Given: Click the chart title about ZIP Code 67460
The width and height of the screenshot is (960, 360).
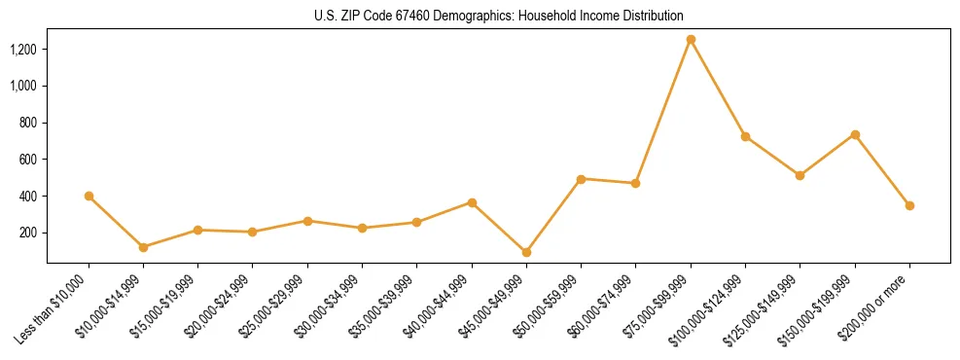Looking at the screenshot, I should pyautogui.click(x=499, y=17).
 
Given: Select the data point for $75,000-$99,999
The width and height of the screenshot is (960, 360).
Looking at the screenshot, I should pyautogui.click(x=691, y=40).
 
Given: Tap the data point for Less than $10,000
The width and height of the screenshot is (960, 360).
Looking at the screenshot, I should pyautogui.click(x=89, y=196).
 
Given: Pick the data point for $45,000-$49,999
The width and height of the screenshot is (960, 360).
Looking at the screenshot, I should pyautogui.click(x=526, y=252).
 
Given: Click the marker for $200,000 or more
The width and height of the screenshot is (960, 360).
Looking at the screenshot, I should pyautogui.click(x=909, y=205).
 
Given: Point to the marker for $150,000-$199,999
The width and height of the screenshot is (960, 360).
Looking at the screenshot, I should pyautogui.click(x=855, y=134).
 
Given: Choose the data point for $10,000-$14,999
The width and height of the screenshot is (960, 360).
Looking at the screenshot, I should pyautogui.click(x=143, y=247).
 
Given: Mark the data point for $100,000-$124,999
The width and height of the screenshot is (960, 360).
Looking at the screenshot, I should pyautogui.click(x=745, y=136).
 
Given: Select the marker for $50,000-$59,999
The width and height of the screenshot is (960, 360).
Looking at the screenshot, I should pyautogui.click(x=581, y=179).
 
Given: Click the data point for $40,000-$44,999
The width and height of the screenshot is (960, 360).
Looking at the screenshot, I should pyautogui.click(x=472, y=202).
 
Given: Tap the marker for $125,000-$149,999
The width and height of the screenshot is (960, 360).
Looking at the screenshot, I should pyautogui.click(x=800, y=175).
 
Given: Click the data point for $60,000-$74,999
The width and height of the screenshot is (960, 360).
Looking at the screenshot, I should pyautogui.click(x=635, y=183).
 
